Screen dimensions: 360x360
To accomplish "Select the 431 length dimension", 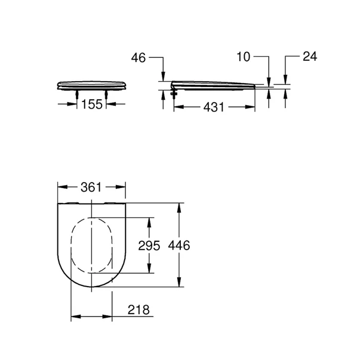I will click(213, 107).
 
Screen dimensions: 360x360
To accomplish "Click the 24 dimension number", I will click(309, 57).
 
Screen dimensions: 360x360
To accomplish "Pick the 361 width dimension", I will click(91, 186).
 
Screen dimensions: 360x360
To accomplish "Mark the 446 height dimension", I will click(179, 245).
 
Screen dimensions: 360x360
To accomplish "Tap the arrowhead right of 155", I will click(109, 104).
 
